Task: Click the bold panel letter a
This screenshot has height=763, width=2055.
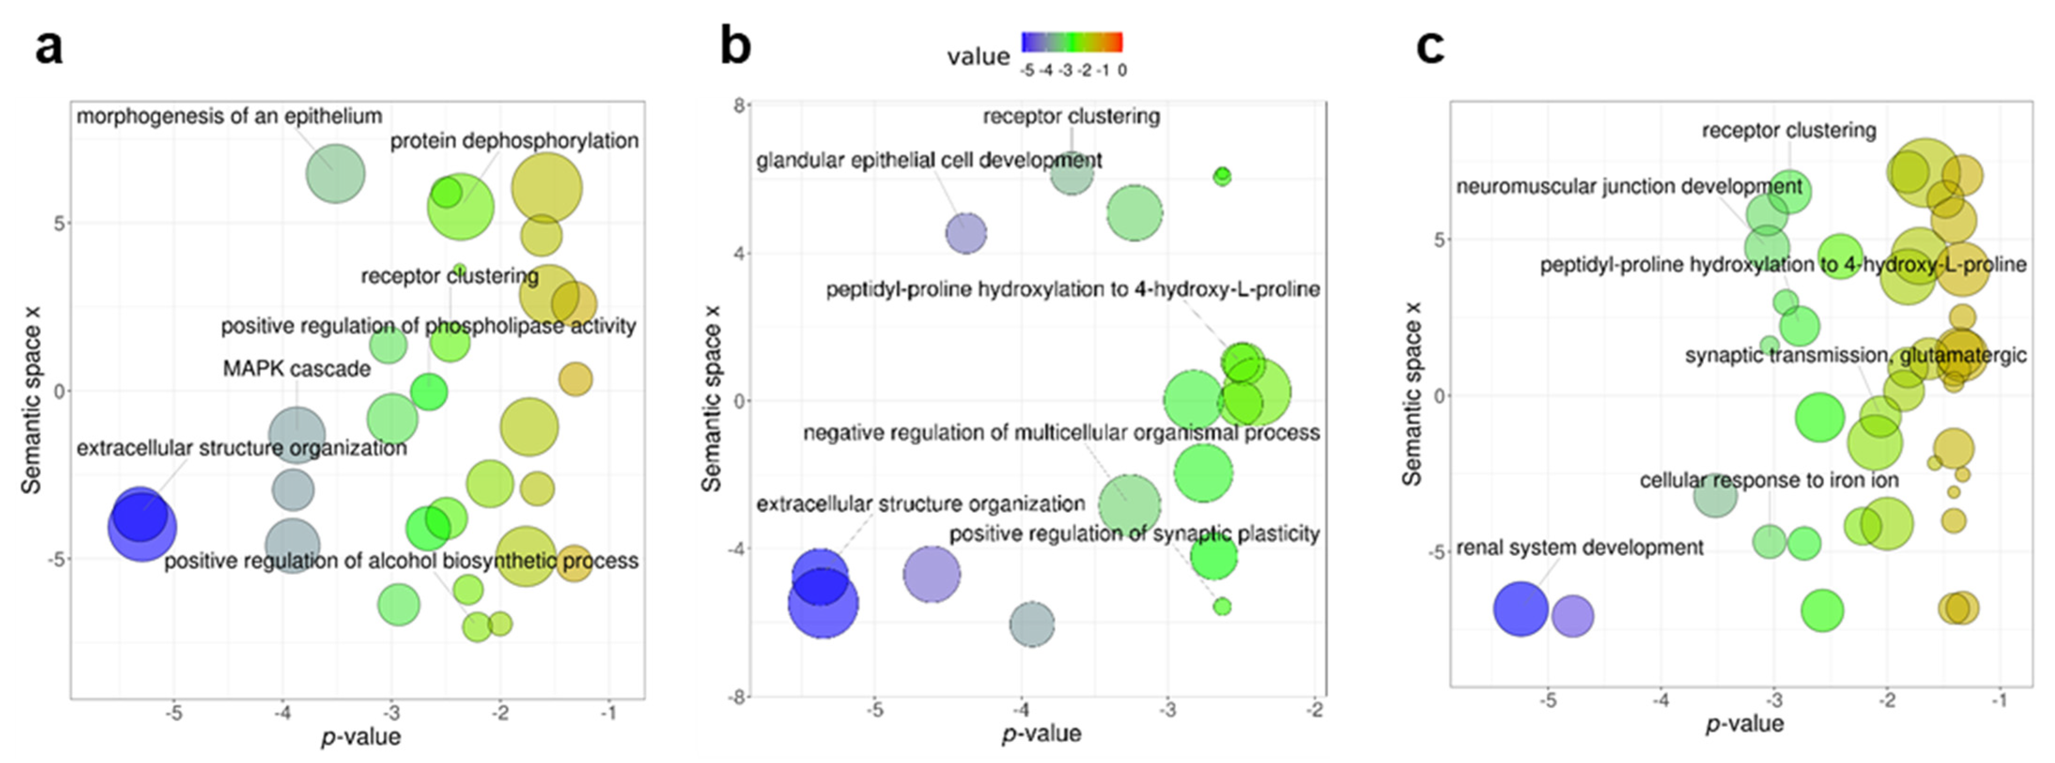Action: [x=49, y=48]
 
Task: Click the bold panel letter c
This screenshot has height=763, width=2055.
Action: [x=1429, y=48]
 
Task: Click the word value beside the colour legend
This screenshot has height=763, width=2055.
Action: [x=978, y=57]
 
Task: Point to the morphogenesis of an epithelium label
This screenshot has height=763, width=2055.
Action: [x=229, y=116]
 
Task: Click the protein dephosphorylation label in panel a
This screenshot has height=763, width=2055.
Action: [x=514, y=141]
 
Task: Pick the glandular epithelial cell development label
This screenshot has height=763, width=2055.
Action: [x=929, y=161]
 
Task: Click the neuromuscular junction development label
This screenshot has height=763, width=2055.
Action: [x=1629, y=187]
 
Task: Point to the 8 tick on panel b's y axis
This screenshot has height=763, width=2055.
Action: [x=739, y=106]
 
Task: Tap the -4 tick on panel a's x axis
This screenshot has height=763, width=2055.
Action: [x=282, y=713]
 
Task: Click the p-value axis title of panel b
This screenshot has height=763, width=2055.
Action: [x=1041, y=733]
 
